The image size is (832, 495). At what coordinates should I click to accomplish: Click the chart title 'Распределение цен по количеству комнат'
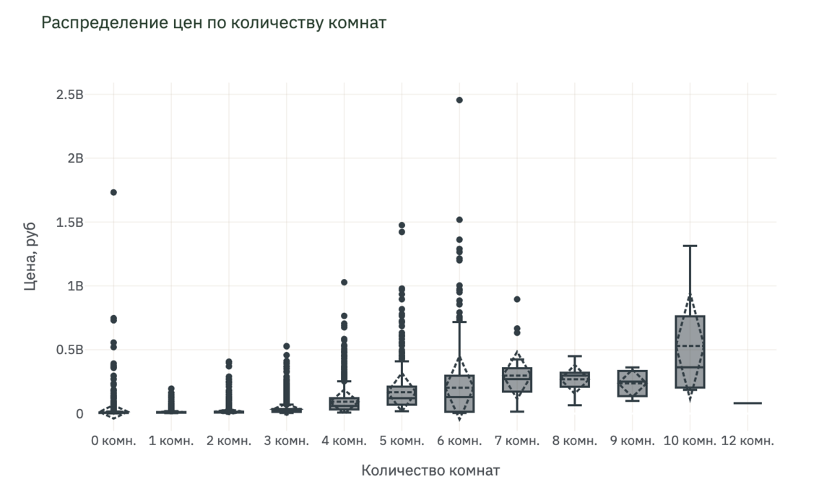point(214,23)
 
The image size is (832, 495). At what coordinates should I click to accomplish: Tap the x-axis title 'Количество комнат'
point(430,470)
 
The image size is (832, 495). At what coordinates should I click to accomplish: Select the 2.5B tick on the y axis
point(69,95)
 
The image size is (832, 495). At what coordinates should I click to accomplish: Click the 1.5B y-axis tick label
point(69,222)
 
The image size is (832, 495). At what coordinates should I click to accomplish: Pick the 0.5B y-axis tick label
point(69,350)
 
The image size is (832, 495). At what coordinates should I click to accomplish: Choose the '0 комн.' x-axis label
point(113,441)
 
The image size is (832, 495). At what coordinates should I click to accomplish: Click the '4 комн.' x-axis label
point(344,441)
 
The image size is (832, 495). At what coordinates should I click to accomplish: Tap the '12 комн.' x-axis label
point(747,441)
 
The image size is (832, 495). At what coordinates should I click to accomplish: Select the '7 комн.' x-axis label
point(517,441)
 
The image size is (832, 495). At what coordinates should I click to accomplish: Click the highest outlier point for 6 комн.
point(459,100)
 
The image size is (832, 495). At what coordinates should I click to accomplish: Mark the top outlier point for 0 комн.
point(113,192)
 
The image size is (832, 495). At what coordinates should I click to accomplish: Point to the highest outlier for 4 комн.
point(344,283)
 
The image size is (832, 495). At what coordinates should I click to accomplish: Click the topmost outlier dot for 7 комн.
point(517,299)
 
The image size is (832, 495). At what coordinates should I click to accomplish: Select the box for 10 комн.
point(690,352)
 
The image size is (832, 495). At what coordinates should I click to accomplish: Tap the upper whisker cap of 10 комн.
point(690,246)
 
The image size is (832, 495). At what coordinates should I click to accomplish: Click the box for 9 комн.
point(633,383)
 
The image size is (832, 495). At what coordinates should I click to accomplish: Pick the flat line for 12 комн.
point(747,403)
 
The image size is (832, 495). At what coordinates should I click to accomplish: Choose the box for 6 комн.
point(459,394)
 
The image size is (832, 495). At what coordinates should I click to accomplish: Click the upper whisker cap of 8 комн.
point(575,356)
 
